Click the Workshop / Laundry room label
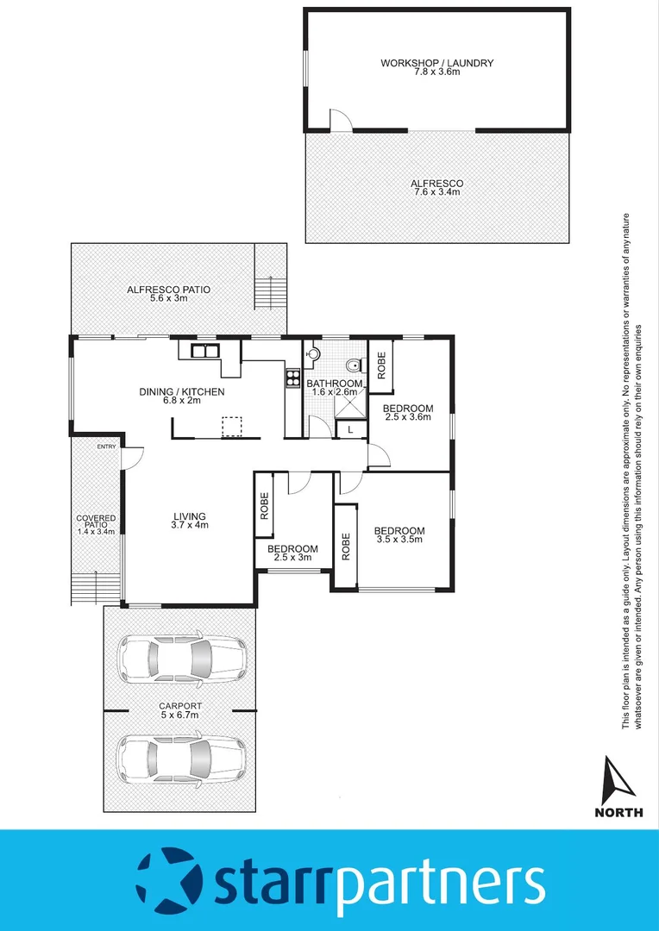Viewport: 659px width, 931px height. click(436, 64)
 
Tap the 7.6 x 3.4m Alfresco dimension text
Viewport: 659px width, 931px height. click(436, 192)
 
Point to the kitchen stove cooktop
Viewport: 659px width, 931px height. click(292, 378)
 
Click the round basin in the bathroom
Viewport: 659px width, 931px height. click(312, 352)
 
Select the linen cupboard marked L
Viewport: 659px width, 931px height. click(350, 428)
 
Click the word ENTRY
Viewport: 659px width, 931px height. click(106, 447)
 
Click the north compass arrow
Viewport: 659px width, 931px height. click(618, 778)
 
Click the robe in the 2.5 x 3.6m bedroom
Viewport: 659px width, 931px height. click(381, 366)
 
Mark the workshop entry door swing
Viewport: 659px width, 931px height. click(342, 121)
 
